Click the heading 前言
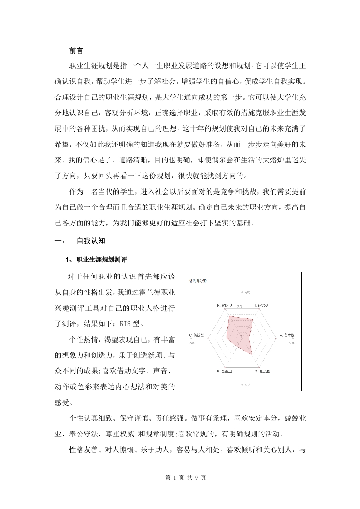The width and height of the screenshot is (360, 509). tap(76, 51)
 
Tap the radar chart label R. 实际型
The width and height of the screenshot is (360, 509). tap(225, 306)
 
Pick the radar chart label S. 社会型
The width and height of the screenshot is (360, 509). tap(262, 371)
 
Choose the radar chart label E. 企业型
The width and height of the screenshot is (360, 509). tap(224, 371)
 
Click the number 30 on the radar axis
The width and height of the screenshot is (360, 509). tap(239, 307)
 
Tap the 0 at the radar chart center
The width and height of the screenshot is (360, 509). tap(241, 336)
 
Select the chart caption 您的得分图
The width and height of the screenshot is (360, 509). tap(199, 281)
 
